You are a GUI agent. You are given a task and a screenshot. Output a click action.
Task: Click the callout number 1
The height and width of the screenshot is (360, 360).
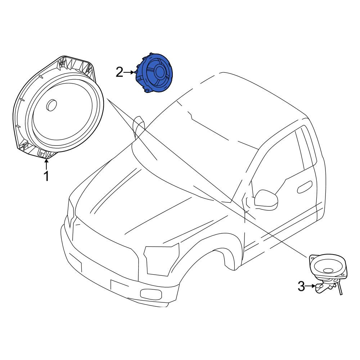coord(46,176)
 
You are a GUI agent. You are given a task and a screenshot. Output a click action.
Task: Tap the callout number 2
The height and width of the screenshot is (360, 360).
coord(120,72)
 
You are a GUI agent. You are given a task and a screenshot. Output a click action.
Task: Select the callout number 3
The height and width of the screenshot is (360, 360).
coord(301,286)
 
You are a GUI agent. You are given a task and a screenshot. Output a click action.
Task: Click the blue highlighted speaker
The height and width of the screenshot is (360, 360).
coord(154,73)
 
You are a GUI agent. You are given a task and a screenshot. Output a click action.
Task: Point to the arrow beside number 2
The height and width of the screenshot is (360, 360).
coord(129,72)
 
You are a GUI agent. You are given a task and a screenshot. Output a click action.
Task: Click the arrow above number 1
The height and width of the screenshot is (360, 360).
coord(46,165)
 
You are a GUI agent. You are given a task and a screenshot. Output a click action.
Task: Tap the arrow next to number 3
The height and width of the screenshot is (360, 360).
coord(311,286)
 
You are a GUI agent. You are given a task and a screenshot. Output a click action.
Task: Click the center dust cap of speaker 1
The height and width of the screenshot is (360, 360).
coord(51,105)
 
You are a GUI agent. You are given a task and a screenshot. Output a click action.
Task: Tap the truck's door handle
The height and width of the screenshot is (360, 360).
coord(305,186)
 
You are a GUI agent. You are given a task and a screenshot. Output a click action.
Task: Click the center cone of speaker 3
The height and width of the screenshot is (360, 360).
coord(329,270)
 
